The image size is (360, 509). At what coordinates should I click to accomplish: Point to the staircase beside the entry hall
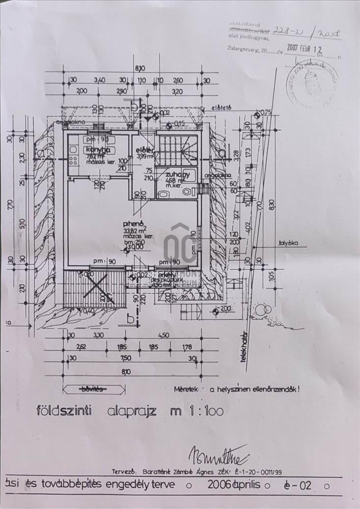click(176, 148)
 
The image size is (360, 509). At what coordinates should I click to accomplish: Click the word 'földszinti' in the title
click(64, 411)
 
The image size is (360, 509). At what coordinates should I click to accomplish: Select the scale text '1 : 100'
click(203, 411)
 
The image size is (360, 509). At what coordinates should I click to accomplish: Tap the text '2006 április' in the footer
click(234, 485)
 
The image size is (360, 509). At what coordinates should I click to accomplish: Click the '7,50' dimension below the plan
click(125, 358)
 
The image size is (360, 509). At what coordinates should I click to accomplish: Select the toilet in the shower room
click(186, 192)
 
